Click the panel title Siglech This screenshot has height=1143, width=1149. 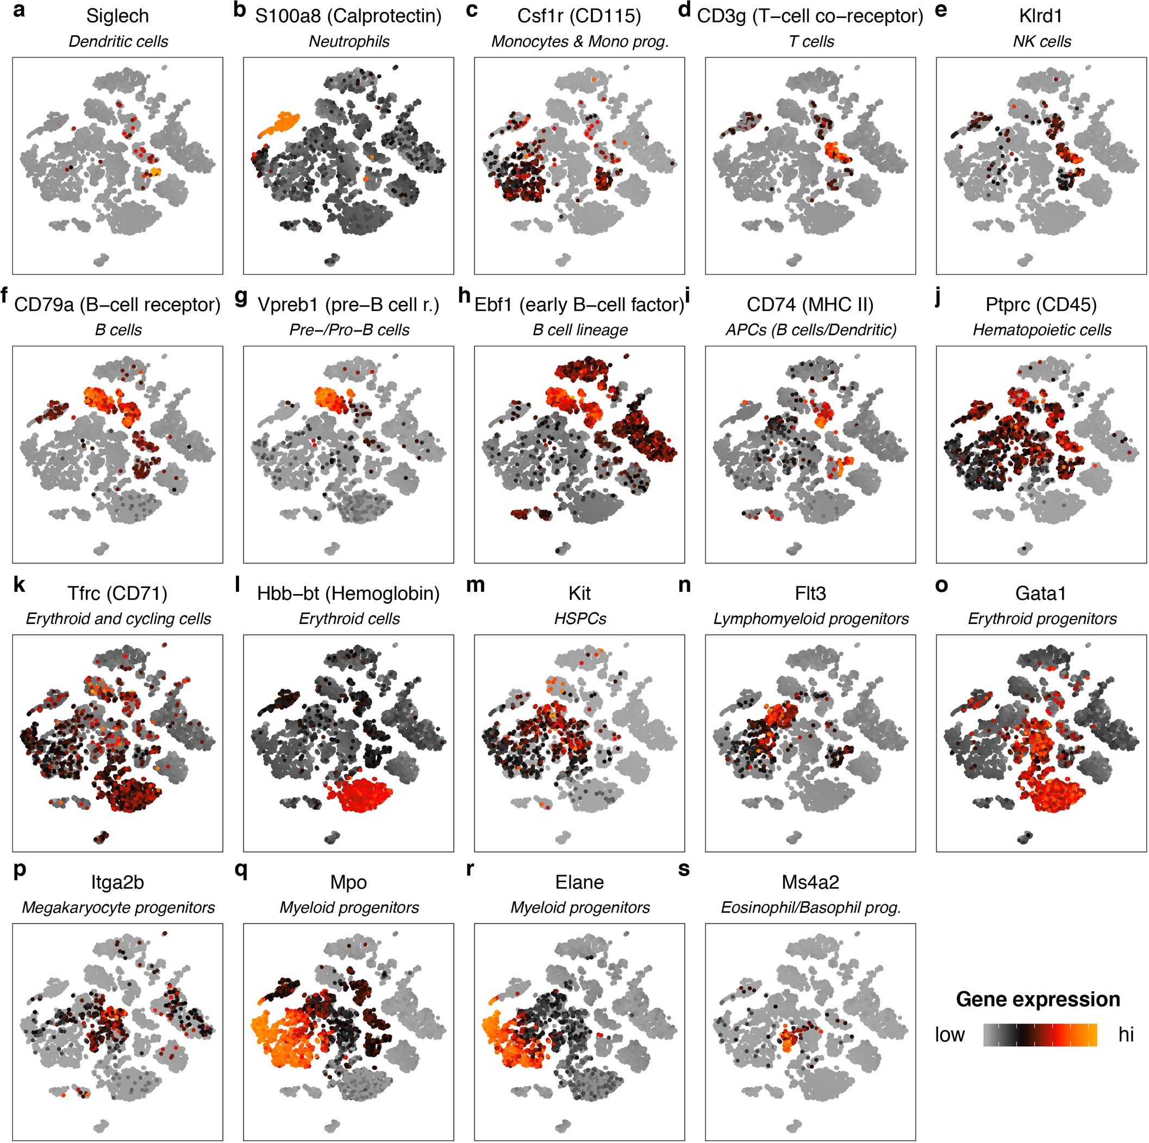[x=117, y=16]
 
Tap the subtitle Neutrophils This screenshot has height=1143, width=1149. [x=349, y=42]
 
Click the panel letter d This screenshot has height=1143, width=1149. [x=684, y=11]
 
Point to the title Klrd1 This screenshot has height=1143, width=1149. [x=1040, y=16]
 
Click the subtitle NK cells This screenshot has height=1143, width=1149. [x=1041, y=42]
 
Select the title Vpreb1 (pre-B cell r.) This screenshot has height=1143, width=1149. [x=348, y=304]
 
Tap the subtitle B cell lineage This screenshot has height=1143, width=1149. [x=580, y=330]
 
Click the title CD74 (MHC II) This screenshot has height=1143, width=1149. [x=810, y=304]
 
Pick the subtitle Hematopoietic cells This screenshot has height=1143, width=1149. [x=1041, y=330]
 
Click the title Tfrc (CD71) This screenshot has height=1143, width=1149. [x=117, y=594]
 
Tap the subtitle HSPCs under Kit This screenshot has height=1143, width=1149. [x=580, y=619]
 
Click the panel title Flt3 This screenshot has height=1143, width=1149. [x=810, y=594]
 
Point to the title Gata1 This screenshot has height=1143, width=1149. [x=1040, y=594]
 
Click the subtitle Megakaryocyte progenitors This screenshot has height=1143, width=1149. [x=118, y=908]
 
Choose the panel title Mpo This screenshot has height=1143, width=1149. [x=348, y=882]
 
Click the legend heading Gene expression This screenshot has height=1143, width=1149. [x=1038, y=1000]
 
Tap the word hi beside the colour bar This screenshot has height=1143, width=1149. [x=1126, y=1035]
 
